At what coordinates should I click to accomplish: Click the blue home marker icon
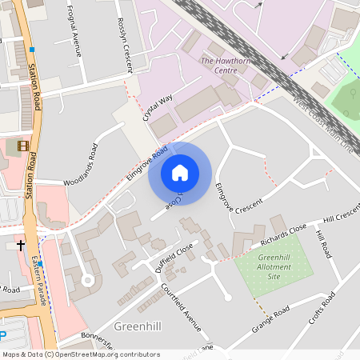coord(180,173)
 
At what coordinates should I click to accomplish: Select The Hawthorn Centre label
coord(219,66)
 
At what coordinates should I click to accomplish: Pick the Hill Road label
coord(322,244)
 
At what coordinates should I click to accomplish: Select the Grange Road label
coord(270,319)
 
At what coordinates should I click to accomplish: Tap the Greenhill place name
coord(138,326)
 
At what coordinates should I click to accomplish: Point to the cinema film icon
coord(22,146)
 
